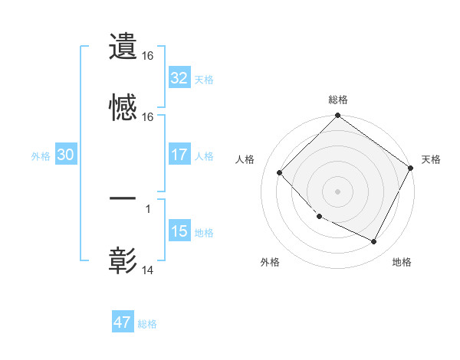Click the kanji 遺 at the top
(123, 47)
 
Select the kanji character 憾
(123, 109)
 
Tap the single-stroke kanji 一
(123, 198)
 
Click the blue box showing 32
(179, 78)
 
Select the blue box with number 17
(179, 155)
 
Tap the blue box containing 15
(179, 231)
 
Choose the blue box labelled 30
(66, 155)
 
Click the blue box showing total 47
(123, 322)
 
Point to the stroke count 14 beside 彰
(148, 270)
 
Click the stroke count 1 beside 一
(147, 208)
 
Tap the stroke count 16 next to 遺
(148, 56)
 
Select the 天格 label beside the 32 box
(204, 79)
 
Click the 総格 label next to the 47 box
(147, 324)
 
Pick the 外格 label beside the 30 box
(41, 155)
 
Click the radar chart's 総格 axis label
(338, 100)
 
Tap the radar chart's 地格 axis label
(402, 262)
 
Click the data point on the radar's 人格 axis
(280, 172)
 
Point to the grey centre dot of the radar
(338, 191)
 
